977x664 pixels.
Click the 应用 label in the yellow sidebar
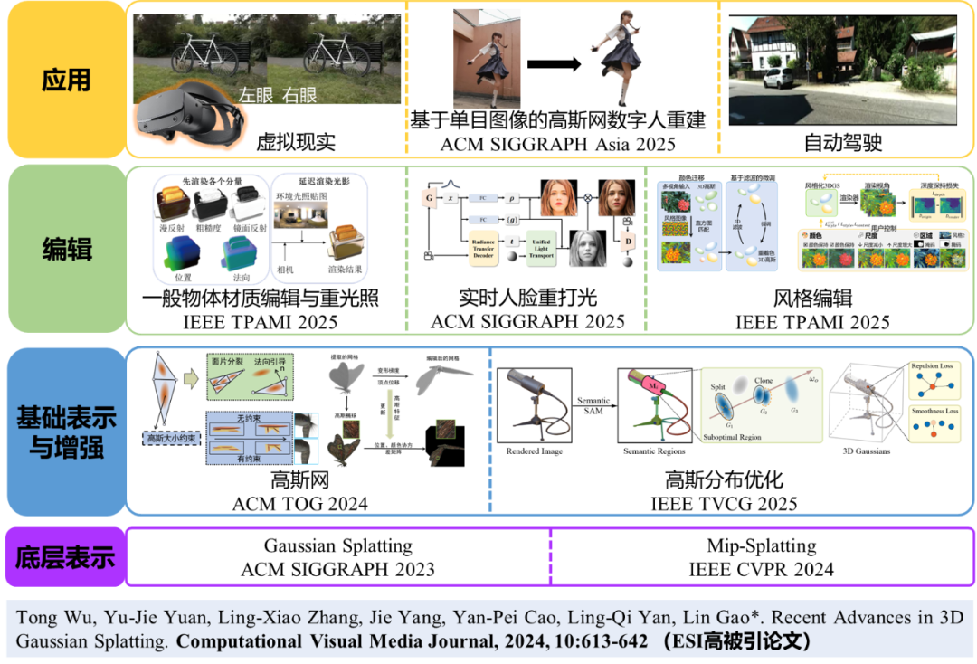[66, 80]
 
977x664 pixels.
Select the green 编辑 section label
[67, 248]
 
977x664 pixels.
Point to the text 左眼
[256, 95]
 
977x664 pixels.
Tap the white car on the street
[777, 79]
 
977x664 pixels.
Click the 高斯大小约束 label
[172, 439]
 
